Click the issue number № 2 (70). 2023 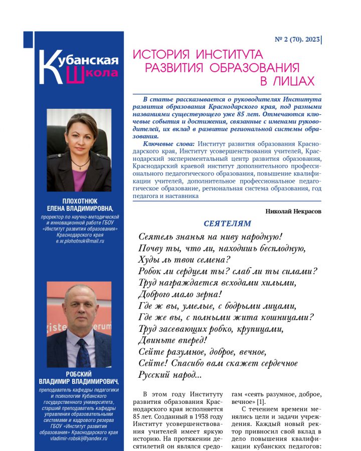click(296, 39)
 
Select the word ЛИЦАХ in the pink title click(287, 81)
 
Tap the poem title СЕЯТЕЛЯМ click(228, 223)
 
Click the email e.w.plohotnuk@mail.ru click(80, 241)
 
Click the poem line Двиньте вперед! click(172, 340)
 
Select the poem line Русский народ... click(169, 374)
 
